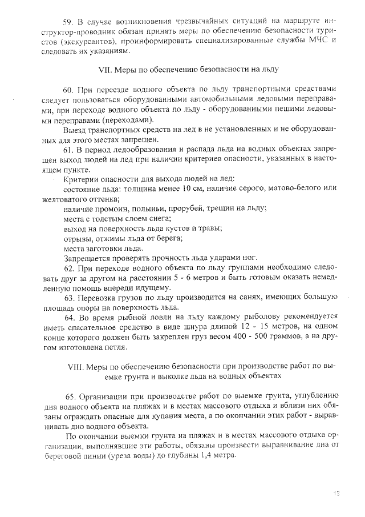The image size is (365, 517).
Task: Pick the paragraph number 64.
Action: pos(71,318)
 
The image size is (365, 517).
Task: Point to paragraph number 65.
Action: pos(72,396)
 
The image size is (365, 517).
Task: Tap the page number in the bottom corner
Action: pos(336,493)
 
